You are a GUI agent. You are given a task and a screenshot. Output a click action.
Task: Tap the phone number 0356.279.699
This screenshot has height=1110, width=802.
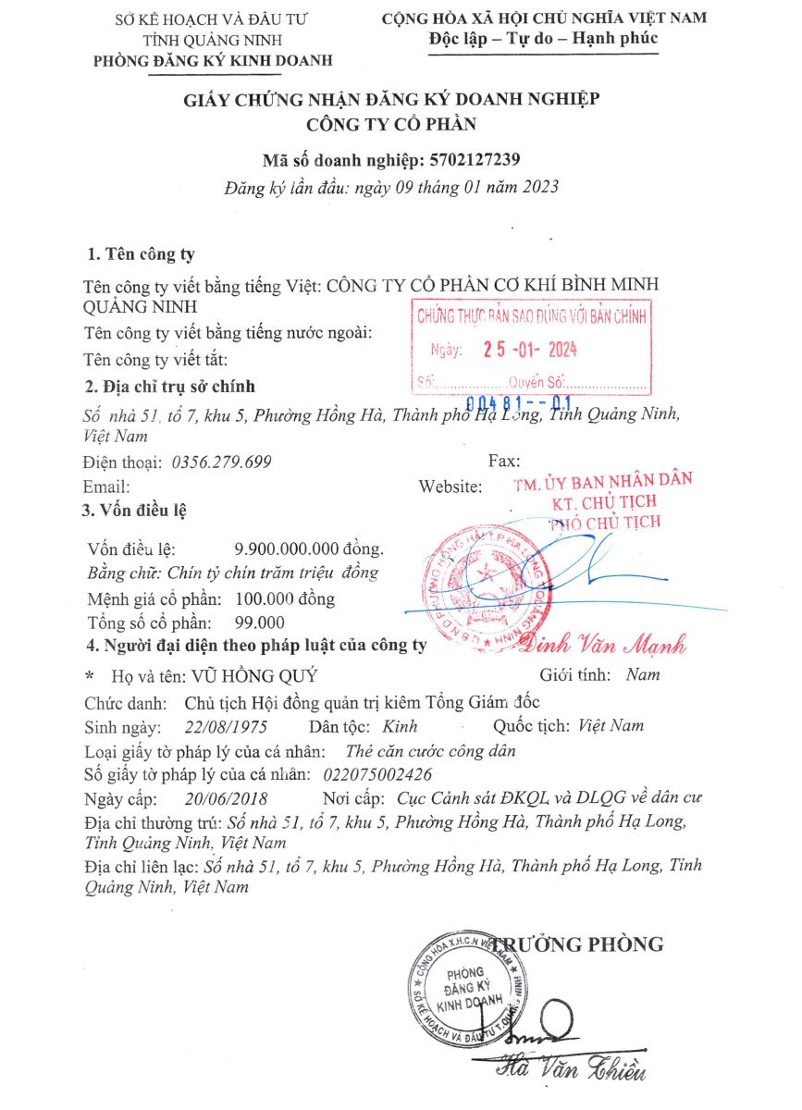[x=221, y=461]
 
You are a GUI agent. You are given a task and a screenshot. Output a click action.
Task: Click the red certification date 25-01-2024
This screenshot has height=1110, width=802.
[x=530, y=351]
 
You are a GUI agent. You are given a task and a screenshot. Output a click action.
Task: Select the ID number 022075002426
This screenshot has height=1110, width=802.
[x=378, y=773]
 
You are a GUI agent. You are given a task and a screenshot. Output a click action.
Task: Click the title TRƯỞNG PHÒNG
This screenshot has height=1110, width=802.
[x=578, y=943]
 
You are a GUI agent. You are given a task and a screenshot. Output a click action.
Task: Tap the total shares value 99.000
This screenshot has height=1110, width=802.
[x=261, y=622]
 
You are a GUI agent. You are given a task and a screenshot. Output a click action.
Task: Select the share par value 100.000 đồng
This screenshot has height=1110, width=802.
[x=286, y=598]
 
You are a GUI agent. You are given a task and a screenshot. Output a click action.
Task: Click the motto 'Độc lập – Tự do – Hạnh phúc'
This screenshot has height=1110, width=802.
[x=543, y=38]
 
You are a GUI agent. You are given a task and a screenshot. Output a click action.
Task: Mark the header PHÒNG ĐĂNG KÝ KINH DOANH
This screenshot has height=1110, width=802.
[x=213, y=61]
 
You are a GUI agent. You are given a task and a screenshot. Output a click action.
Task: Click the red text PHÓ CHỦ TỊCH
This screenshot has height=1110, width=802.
[x=606, y=523]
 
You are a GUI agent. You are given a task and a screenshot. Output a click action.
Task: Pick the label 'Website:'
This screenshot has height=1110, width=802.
[x=450, y=486]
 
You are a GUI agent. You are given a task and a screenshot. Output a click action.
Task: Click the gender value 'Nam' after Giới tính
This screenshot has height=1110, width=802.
[x=643, y=674]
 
